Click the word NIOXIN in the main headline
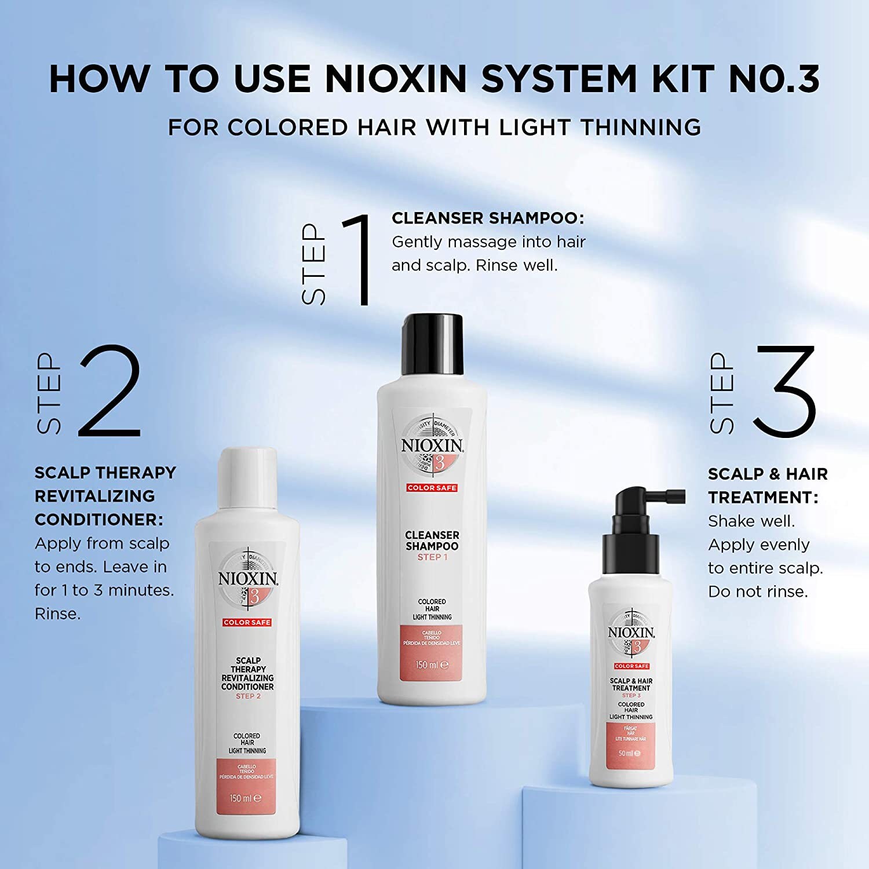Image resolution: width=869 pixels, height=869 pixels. (x=396, y=79)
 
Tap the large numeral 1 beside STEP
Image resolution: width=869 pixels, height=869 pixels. (x=358, y=259)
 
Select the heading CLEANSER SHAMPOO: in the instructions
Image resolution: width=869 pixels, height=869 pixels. (x=488, y=218)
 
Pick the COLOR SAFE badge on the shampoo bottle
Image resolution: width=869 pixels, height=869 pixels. (x=432, y=488)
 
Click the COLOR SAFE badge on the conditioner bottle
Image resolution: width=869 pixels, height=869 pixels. (x=247, y=622)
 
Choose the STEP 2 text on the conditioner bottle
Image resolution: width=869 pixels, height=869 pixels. (x=248, y=696)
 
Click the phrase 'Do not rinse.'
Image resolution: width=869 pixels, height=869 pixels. (x=758, y=591)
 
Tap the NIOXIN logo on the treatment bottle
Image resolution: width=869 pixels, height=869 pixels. (x=631, y=633)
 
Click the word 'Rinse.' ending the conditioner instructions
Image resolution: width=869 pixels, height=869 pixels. (x=57, y=614)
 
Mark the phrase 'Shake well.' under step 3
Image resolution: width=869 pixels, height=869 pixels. (x=751, y=521)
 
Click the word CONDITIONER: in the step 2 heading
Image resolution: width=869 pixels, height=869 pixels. (x=99, y=520)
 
